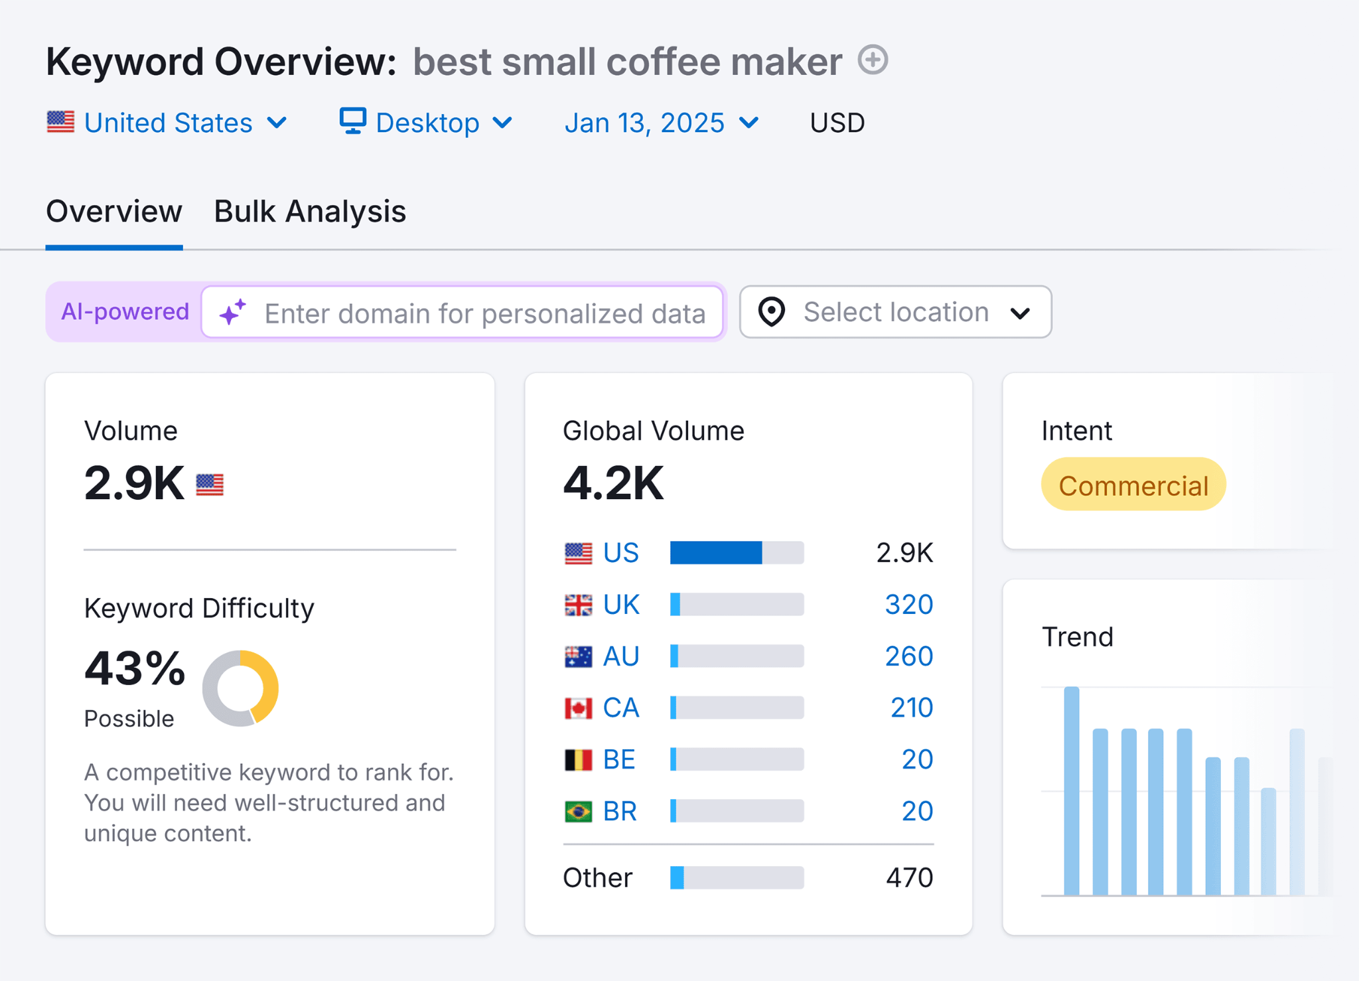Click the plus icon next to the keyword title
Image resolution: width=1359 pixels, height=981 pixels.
pyautogui.click(x=873, y=60)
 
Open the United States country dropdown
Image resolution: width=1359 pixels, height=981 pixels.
pyautogui.click(x=167, y=123)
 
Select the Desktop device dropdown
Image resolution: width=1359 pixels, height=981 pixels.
pyautogui.click(x=426, y=123)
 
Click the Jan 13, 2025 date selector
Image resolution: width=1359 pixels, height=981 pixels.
pyautogui.click(x=661, y=123)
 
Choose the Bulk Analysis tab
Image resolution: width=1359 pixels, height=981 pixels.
pyautogui.click(x=310, y=212)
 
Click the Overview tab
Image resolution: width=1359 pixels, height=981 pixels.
pyautogui.click(x=114, y=212)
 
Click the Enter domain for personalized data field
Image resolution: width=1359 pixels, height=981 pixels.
pyautogui.click(x=484, y=313)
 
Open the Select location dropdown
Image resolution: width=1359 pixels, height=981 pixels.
pyautogui.click(x=895, y=312)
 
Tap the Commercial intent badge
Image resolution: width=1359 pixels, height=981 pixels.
pyautogui.click(x=1133, y=485)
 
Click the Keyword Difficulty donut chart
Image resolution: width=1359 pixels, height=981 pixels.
pyautogui.click(x=240, y=688)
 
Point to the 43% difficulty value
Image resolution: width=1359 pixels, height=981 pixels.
pyautogui.click(x=135, y=668)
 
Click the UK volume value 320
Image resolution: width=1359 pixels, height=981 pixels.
pyautogui.click(x=908, y=605)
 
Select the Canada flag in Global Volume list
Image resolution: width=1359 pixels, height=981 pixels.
pyautogui.click(x=578, y=708)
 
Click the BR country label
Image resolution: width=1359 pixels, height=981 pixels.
pyautogui.click(x=620, y=811)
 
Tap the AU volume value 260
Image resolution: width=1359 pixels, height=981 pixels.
pyautogui.click(x=908, y=656)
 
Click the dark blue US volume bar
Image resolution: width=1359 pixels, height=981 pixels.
pyautogui.click(x=716, y=553)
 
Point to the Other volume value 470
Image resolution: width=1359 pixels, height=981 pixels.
pyautogui.click(x=909, y=877)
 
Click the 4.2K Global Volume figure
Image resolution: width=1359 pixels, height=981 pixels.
pyautogui.click(x=613, y=483)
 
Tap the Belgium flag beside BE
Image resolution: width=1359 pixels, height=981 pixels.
pyautogui.click(x=578, y=759)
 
